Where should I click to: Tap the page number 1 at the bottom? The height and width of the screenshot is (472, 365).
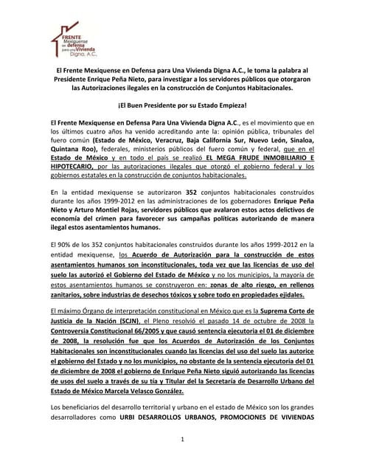click(x=182, y=440)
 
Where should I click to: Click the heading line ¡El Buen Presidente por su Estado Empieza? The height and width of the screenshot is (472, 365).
click(x=182, y=105)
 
